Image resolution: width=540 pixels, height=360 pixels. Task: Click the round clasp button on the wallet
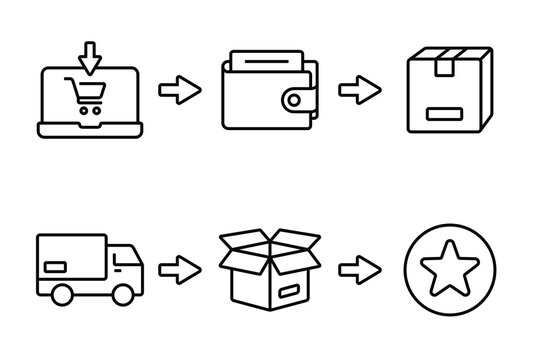[296, 100]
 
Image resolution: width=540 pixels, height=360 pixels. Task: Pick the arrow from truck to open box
[178, 268]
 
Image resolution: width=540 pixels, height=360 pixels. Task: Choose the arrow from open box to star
[359, 268]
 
